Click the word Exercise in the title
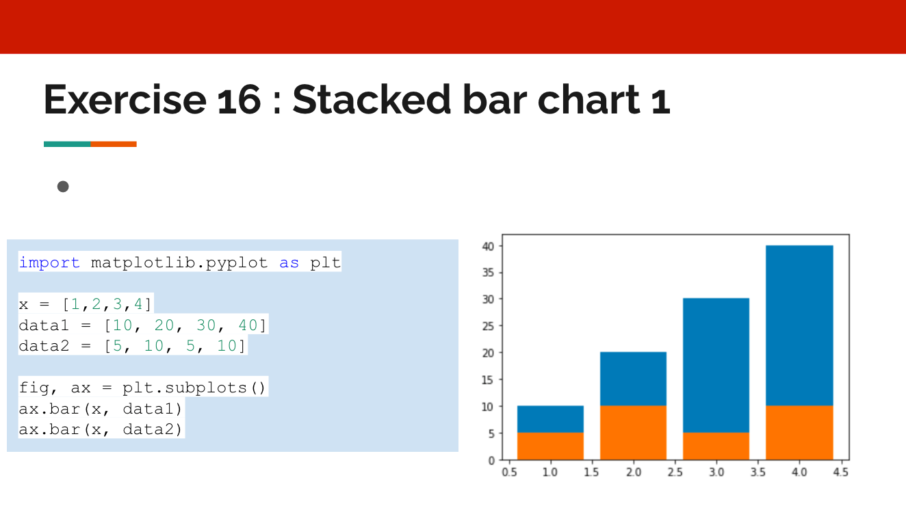124,100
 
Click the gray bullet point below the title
63,186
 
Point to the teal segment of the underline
67,144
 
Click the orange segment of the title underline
114,144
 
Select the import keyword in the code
49,262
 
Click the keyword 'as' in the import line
289,262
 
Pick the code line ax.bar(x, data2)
101,429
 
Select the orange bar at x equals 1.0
550,446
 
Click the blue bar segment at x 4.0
799,325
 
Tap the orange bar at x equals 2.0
633,432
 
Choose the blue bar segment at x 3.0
716,365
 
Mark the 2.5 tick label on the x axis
675,472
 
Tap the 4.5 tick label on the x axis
841,472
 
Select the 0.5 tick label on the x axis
508,472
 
